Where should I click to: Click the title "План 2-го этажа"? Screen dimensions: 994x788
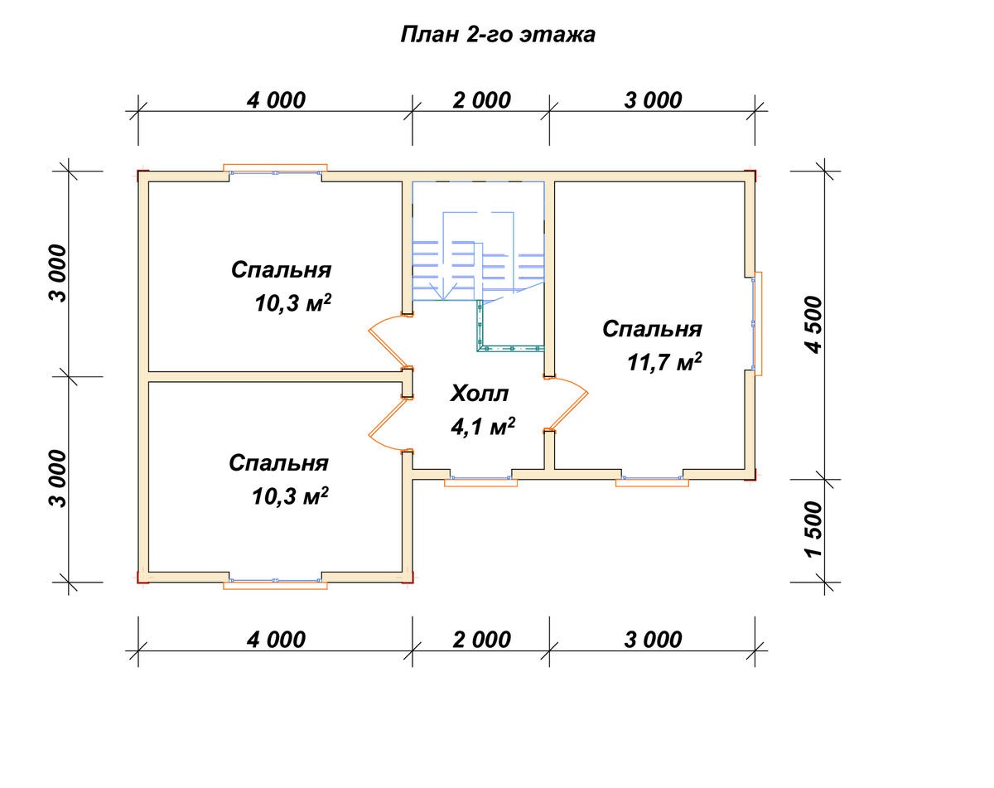[498, 35]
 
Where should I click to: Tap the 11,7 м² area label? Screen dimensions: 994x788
[664, 361]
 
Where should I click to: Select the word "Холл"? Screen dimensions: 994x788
[480, 394]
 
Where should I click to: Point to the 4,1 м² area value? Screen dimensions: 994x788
[483, 426]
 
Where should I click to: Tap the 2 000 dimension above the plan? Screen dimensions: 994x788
[481, 100]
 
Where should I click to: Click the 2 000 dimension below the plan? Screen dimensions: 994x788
[481, 641]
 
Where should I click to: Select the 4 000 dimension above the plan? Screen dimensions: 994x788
[276, 100]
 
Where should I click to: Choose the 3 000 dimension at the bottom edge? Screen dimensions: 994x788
[653, 641]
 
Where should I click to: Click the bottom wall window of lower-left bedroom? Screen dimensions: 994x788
[275, 583]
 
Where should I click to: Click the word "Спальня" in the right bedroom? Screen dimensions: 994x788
[652, 330]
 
